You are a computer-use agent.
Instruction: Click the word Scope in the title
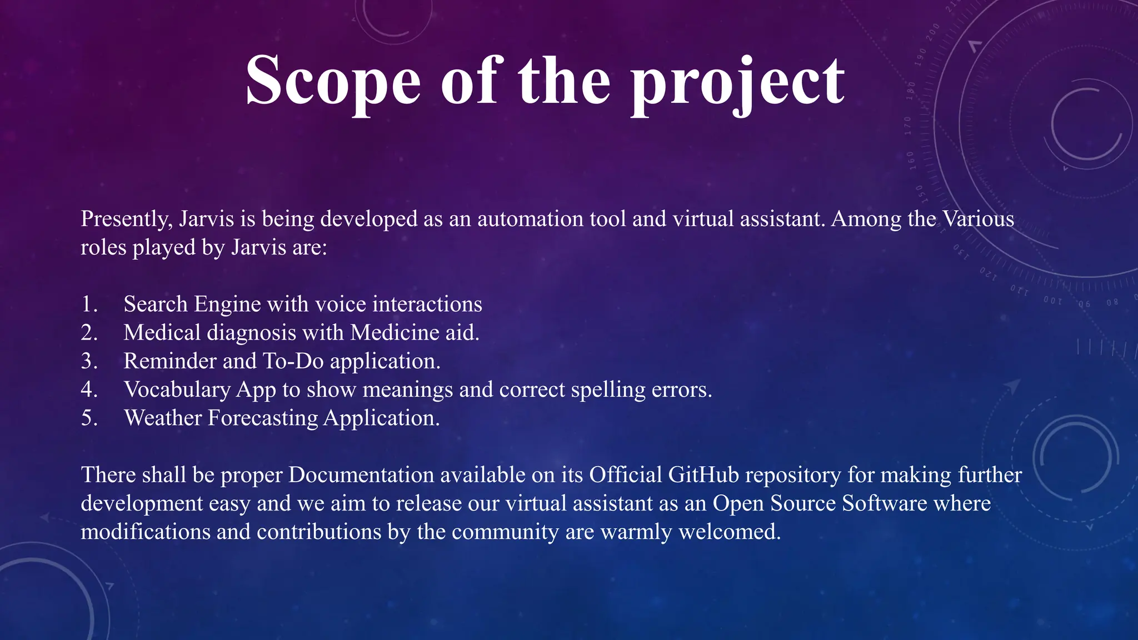pos(333,81)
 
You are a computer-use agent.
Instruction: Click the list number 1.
pos(89,304)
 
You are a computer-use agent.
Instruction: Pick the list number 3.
pos(89,361)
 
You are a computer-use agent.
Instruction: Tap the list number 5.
pos(89,418)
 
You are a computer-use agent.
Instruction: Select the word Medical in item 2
pos(162,333)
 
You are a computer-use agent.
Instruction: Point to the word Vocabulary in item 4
pos(177,390)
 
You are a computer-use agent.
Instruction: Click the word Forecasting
pos(263,418)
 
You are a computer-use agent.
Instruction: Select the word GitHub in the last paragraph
pos(703,475)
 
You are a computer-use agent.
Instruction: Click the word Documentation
pos(361,475)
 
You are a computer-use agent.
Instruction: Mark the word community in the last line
pos(505,532)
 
